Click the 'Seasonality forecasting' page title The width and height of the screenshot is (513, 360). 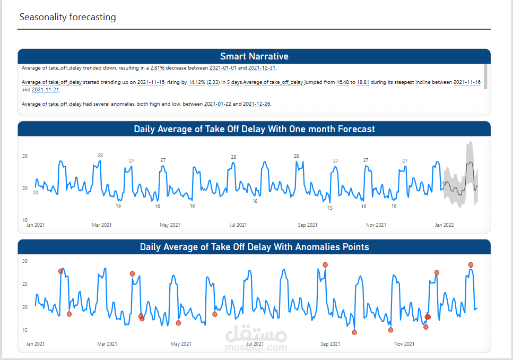[x=67, y=17]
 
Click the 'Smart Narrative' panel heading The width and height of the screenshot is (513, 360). [x=254, y=56]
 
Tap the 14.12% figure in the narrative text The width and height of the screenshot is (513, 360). [x=196, y=82]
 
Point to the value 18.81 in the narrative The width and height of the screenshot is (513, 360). [x=363, y=82]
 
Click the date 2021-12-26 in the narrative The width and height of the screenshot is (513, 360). [x=256, y=104]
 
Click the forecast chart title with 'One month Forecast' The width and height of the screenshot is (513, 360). [x=254, y=129]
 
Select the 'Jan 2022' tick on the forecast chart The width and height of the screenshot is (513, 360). [x=444, y=225]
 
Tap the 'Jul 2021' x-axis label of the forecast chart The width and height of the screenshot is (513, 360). [x=238, y=225]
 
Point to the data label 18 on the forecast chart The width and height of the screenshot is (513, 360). [x=255, y=201]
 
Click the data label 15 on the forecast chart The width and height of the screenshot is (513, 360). [x=330, y=208]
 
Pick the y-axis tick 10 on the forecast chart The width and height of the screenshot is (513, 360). [x=24, y=220]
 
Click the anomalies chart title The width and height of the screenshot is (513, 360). [x=254, y=247]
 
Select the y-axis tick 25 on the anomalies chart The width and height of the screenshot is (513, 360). [x=24, y=284]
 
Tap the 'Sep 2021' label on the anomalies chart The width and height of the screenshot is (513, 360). [x=331, y=344]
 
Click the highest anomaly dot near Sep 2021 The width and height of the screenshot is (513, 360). [x=325, y=265]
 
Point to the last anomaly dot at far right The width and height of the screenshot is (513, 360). [x=471, y=265]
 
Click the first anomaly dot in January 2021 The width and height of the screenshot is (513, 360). [x=60, y=271]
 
